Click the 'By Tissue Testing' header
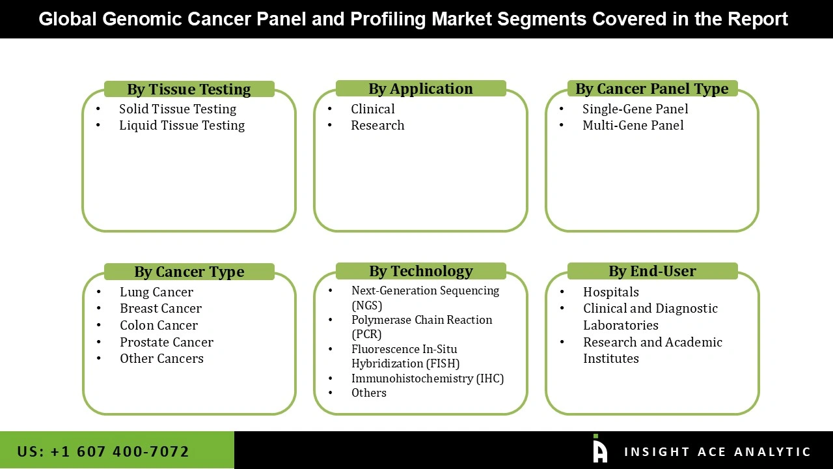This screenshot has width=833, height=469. [x=189, y=89]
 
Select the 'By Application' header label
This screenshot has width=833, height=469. [x=420, y=89]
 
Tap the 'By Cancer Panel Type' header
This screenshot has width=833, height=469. [x=651, y=89]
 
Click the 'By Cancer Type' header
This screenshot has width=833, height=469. [x=189, y=272]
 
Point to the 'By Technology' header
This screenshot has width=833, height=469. [x=420, y=271]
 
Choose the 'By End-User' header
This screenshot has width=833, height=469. [x=652, y=271]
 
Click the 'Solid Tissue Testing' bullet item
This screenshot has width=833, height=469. [x=177, y=109]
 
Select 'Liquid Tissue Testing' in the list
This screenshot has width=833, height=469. [x=182, y=125]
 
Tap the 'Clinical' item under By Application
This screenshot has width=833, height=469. [x=372, y=109]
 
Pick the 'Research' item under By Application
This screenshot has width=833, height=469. [x=377, y=125]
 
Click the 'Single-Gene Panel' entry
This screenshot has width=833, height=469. [x=635, y=109]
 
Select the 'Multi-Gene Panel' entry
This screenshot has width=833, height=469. [x=633, y=125]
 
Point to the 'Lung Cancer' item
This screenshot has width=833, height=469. [x=156, y=292]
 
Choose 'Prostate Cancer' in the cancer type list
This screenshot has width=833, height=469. [x=166, y=342]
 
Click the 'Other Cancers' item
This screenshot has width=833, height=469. [x=161, y=358]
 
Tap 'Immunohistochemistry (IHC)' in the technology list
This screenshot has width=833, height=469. [x=427, y=378]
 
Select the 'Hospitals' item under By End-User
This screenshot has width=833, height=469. [x=610, y=292]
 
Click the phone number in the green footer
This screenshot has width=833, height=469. [x=103, y=451]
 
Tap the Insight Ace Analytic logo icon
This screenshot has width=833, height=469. [x=599, y=449]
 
